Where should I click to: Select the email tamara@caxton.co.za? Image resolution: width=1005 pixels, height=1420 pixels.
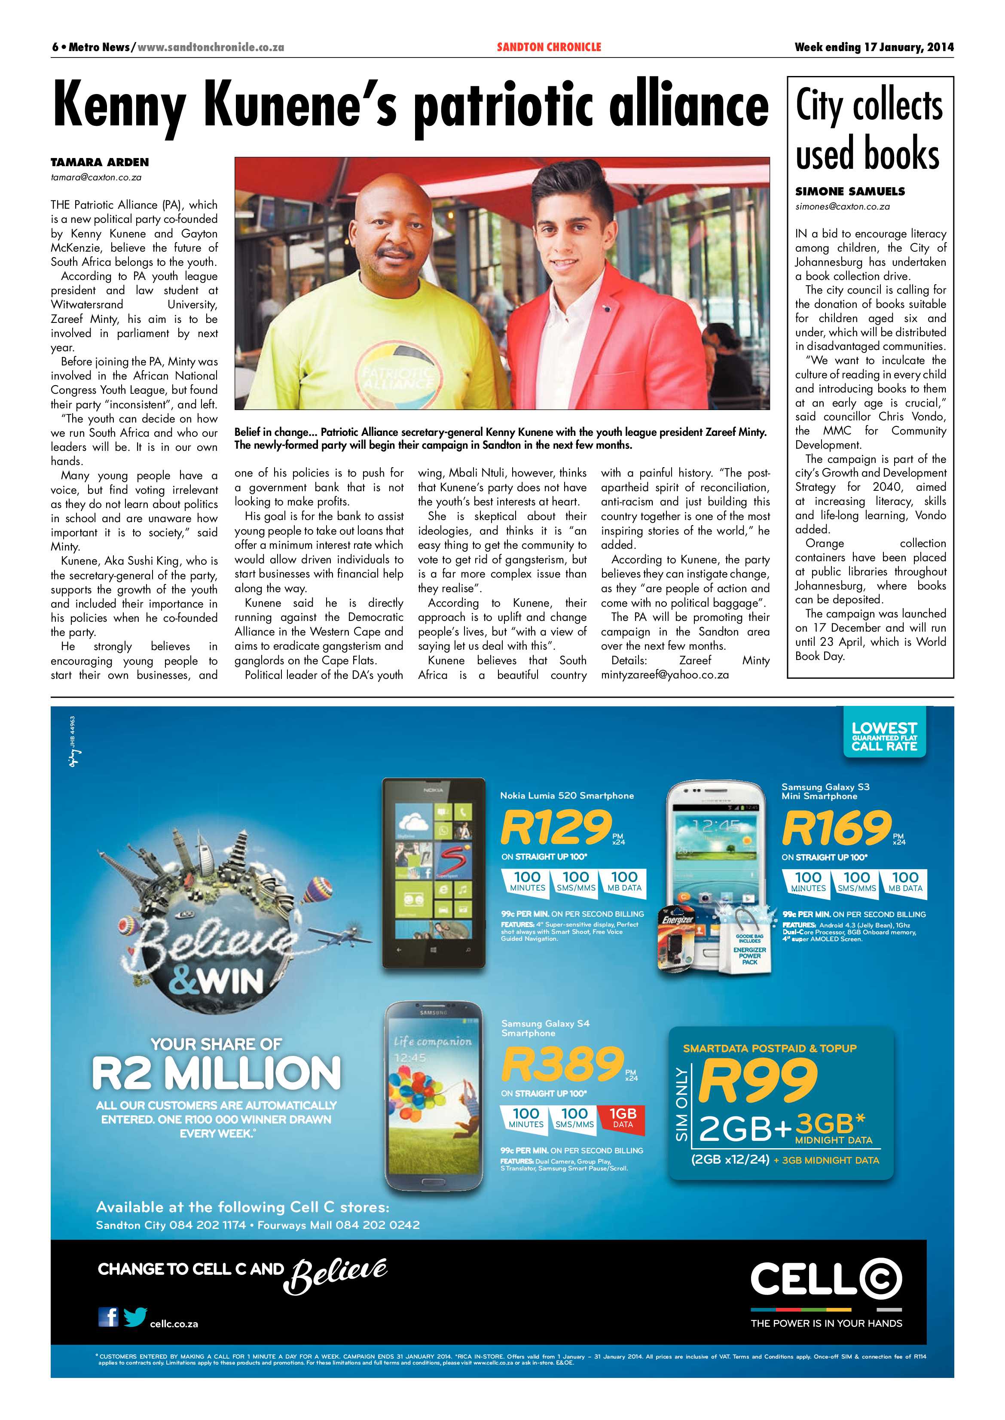96,177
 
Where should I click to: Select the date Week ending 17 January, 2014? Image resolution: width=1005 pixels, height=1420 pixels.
874,47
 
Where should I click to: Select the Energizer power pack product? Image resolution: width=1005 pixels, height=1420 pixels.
679,943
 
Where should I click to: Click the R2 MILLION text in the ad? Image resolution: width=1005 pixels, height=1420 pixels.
216,1073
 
